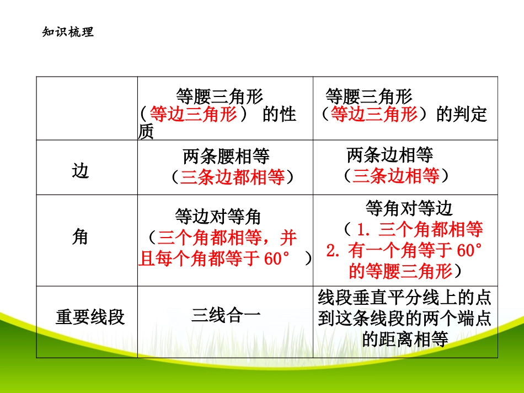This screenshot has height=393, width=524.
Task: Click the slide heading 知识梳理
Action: tap(68, 32)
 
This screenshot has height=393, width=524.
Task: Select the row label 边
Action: tap(81, 171)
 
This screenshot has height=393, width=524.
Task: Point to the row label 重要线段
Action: tap(90, 317)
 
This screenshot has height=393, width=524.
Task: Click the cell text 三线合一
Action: tap(226, 315)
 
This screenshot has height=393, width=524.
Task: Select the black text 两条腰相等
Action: tap(226, 157)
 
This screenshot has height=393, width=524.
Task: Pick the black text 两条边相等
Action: tap(390, 155)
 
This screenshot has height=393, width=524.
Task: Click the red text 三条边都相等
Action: tap(232, 177)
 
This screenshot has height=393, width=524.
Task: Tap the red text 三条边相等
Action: tap(395, 176)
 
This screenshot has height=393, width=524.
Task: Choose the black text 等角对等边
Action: tap(409, 208)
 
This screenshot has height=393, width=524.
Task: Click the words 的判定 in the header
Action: tap(462, 114)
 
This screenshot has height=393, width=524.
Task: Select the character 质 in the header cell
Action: tap(146, 132)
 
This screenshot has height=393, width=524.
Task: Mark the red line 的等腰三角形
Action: tap(400, 271)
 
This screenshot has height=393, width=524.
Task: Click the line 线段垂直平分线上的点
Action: tap(405, 299)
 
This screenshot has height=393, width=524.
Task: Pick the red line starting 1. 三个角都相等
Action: tap(419, 229)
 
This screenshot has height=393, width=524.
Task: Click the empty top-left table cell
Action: tap(87, 108)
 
